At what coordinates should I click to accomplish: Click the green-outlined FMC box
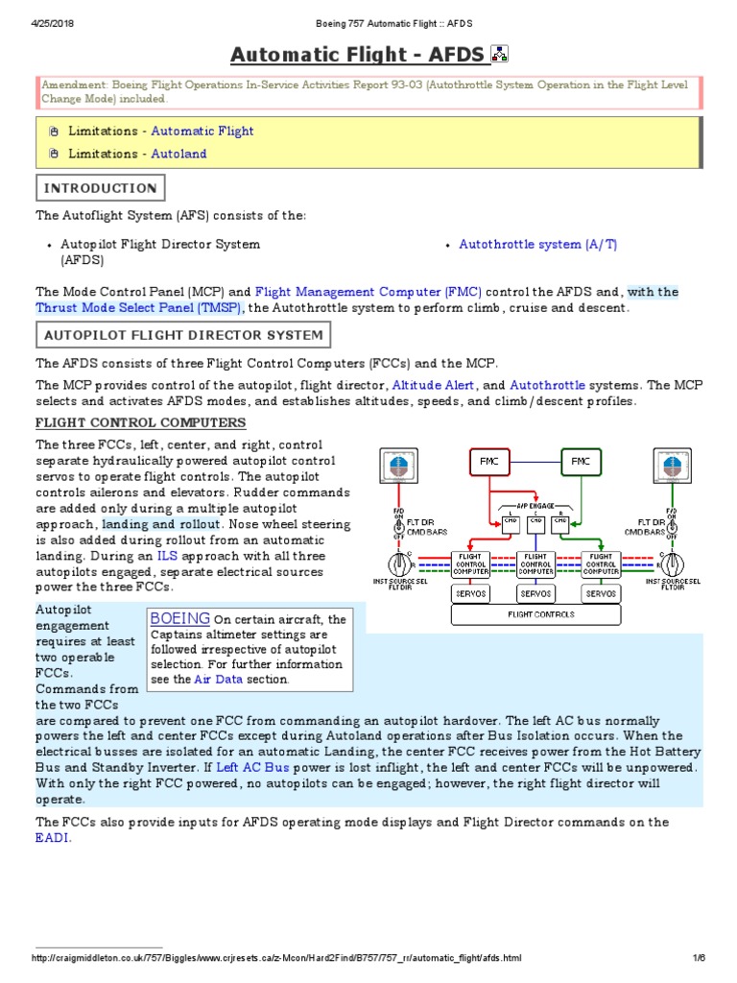click(581, 462)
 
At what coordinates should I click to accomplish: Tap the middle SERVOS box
click(536, 594)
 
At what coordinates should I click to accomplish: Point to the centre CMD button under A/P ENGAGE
click(536, 522)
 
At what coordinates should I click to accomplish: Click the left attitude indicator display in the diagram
click(395, 466)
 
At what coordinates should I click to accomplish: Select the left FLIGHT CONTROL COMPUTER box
click(471, 563)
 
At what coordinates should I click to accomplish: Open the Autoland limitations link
click(178, 154)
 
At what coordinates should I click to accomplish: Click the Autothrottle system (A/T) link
click(538, 245)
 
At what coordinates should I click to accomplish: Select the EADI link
click(53, 838)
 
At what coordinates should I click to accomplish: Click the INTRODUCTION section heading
click(101, 188)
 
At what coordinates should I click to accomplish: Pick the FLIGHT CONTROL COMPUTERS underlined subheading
click(141, 422)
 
